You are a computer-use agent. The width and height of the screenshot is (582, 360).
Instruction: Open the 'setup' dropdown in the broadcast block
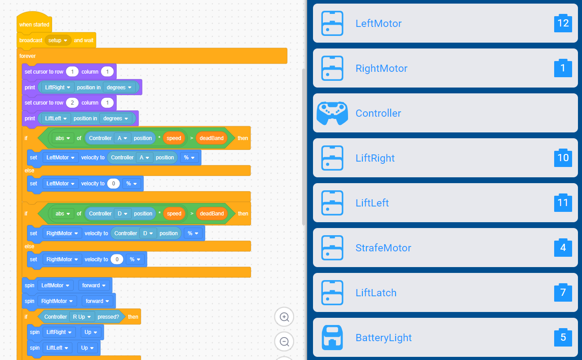click(57, 40)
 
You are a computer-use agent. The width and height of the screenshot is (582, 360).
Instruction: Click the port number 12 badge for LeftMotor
click(563, 23)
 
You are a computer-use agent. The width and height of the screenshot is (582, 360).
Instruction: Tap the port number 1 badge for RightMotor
click(563, 68)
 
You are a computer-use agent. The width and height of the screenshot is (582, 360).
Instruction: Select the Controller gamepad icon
click(332, 113)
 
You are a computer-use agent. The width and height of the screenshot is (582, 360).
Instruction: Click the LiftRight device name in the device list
click(375, 158)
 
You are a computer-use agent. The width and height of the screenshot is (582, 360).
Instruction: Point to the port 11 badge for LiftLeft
click(563, 202)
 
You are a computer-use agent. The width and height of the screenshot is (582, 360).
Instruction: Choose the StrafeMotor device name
click(383, 248)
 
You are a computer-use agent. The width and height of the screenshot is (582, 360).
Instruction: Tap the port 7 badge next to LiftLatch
click(563, 293)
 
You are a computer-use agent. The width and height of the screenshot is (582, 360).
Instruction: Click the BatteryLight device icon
click(332, 338)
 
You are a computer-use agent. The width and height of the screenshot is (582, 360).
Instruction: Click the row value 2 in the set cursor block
click(72, 103)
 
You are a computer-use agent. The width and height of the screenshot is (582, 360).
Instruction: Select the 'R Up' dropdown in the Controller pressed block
click(82, 317)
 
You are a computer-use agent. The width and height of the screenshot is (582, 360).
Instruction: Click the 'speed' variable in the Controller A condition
click(174, 138)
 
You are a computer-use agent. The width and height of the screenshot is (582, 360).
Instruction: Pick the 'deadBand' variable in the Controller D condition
click(212, 214)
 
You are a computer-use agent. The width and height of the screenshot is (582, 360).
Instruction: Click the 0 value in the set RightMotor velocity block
click(117, 259)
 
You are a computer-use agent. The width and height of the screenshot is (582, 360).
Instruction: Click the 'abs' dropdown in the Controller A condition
click(62, 138)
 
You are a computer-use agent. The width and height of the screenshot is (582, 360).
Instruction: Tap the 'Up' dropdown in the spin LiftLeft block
click(87, 348)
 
